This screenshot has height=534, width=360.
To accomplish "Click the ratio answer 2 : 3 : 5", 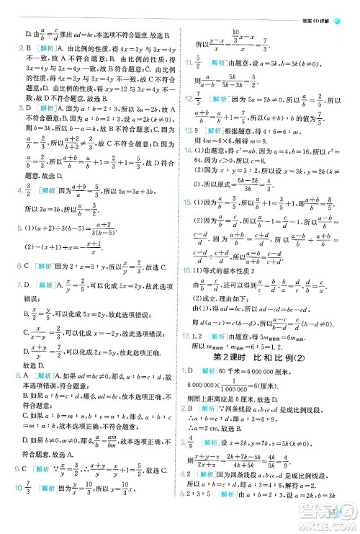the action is coord(202,515).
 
